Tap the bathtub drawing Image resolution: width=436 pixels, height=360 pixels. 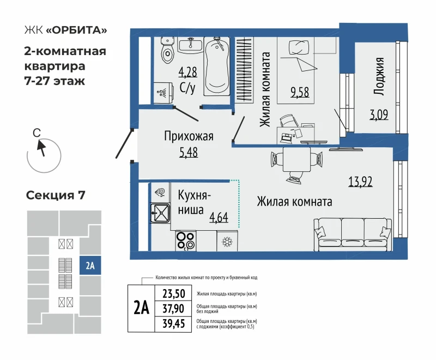tap(217, 66)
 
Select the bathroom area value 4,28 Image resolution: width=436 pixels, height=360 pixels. tap(187, 73)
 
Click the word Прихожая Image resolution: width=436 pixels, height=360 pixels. tap(189, 136)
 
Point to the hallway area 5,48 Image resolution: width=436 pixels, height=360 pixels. tap(189, 153)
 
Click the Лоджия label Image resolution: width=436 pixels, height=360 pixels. tap(378, 76)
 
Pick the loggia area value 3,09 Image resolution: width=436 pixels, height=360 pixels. tap(379, 115)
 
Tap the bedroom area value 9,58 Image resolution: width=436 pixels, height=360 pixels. tap(300, 92)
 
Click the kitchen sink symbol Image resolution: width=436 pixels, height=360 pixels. tap(160, 213)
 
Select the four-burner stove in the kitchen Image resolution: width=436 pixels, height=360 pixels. tap(186, 241)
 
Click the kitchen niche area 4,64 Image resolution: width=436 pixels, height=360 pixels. tap(219, 217)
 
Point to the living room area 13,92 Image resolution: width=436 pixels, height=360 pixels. tap(360, 182)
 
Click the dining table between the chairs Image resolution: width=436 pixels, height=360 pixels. tap(296, 159)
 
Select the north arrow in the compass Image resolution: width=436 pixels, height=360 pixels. tap(41, 148)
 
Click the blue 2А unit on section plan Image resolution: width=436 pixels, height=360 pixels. tap(90, 266)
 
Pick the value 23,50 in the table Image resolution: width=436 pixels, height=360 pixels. tap(174, 294)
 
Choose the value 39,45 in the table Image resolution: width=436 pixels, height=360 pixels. tap(174, 324)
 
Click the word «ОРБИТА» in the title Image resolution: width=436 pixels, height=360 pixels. tap(76, 30)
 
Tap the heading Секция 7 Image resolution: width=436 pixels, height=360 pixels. tap(56, 195)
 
